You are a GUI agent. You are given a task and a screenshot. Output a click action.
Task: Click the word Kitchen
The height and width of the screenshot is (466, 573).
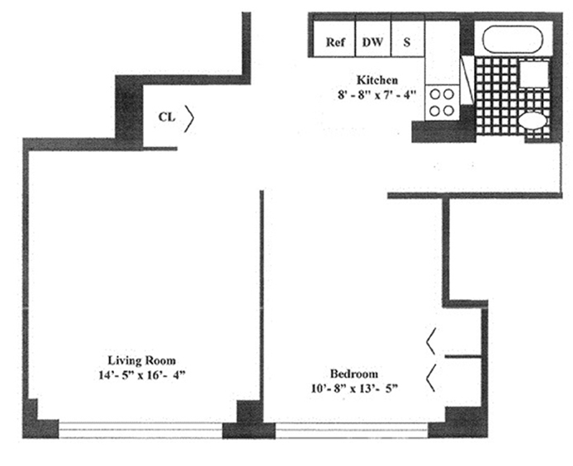pos(377,80)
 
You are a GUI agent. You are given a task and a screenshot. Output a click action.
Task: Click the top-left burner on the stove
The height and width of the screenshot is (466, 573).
pos(434,93)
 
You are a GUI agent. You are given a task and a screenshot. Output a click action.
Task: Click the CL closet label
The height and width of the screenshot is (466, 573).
pos(166,117)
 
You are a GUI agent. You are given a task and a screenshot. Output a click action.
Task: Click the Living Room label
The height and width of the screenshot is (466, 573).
pos(139,359)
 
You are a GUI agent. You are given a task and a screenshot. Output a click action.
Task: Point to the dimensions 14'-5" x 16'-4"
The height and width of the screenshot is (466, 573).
pos(140,374)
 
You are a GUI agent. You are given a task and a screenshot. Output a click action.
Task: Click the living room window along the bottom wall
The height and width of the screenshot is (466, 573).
pos(140,429)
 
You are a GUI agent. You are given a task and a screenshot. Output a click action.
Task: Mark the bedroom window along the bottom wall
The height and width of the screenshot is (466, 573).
pos(352,429)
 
